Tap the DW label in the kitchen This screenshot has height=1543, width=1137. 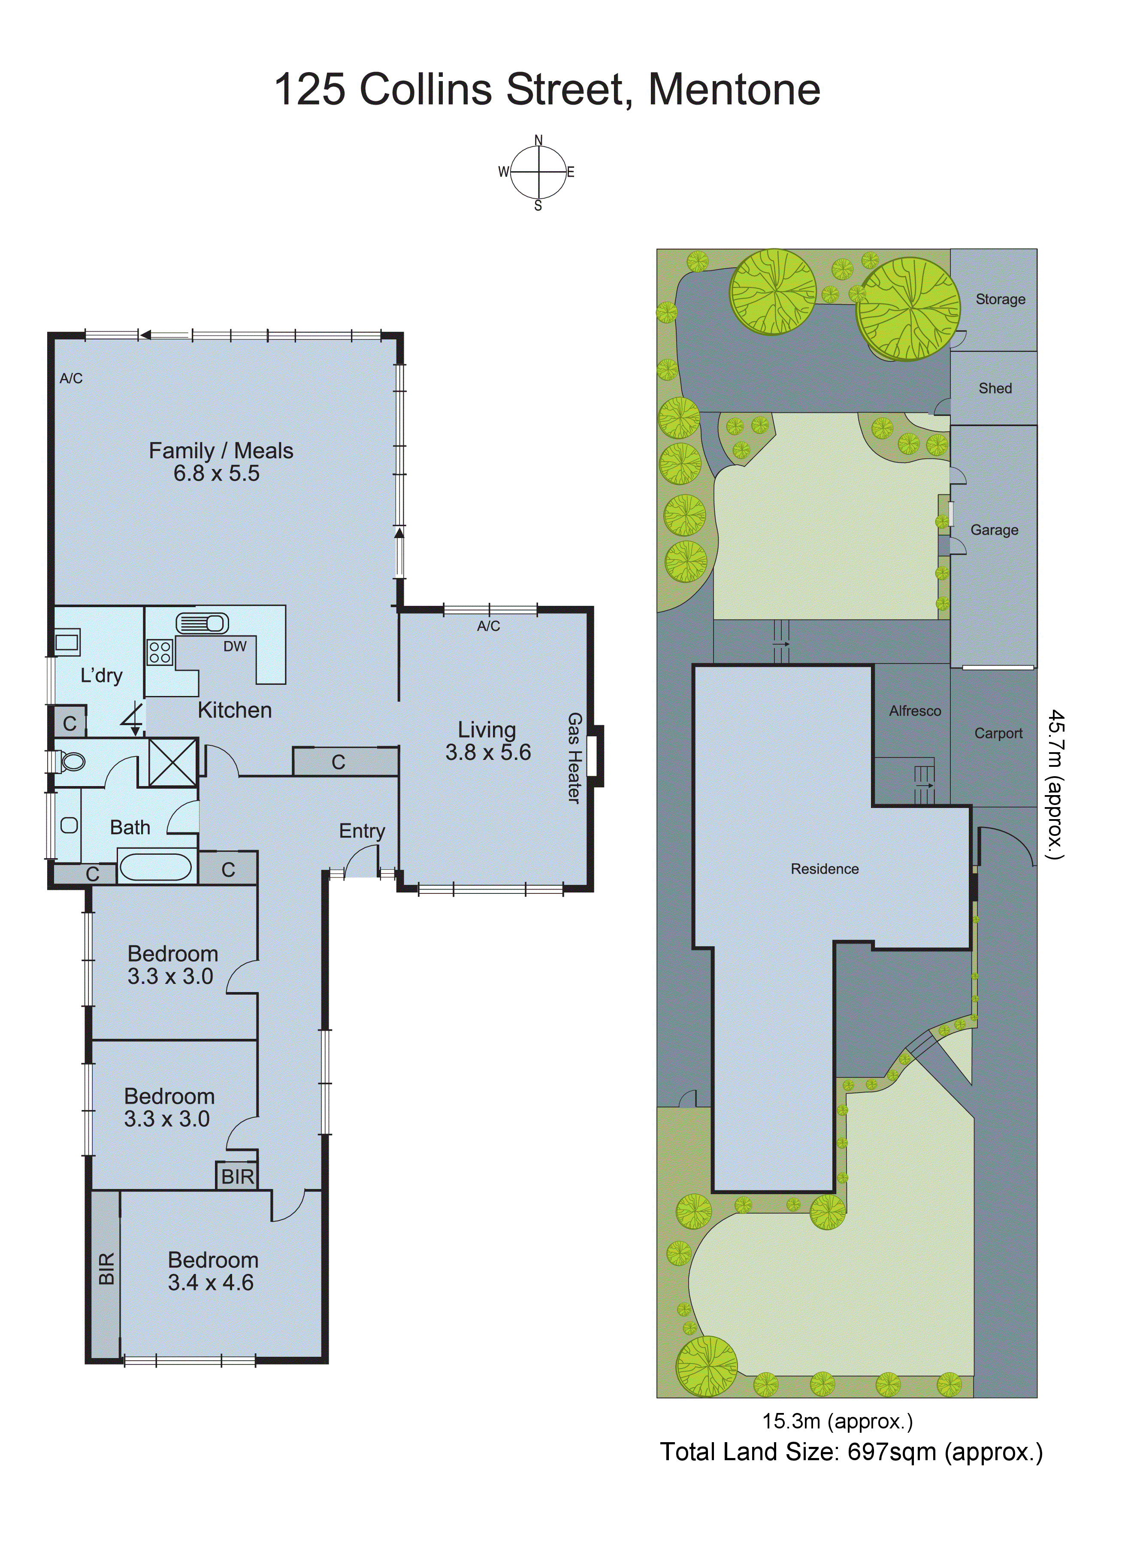[235, 646]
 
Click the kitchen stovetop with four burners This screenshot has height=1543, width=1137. [160, 652]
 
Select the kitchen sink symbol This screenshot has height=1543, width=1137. [203, 623]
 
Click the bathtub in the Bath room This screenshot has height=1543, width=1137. [156, 867]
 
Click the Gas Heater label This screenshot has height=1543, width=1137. [574, 758]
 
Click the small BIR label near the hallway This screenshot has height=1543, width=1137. [237, 1177]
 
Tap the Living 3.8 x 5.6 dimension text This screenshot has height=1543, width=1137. [488, 752]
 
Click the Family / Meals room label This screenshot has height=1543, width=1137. [221, 451]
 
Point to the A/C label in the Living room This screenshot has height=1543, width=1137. [489, 626]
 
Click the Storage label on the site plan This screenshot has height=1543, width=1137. [1000, 300]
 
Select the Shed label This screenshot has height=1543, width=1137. [995, 388]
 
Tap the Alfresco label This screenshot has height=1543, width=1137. [915, 711]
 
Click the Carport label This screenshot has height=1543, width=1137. [998, 734]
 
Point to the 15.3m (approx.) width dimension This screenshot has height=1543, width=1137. [837, 1421]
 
